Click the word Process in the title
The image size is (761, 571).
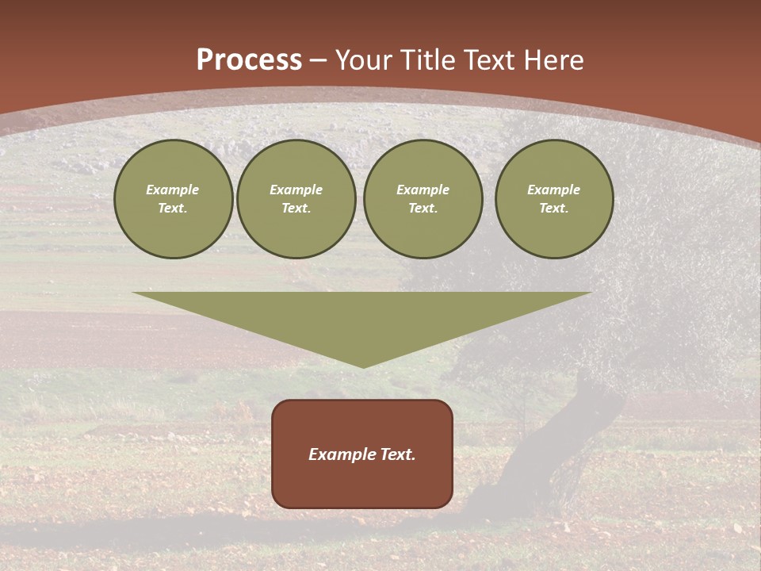click(249, 60)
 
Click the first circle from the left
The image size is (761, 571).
click(174, 199)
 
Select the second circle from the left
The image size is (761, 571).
click(296, 199)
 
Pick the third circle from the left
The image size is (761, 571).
click(423, 199)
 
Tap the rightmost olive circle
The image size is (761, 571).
click(554, 199)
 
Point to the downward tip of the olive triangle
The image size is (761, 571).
click(363, 366)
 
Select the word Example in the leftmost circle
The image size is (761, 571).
click(173, 190)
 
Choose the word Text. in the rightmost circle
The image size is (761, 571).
click(554, 209)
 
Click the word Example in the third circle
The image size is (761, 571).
click(423, 190)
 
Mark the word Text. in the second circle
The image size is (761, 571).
click(296, 209)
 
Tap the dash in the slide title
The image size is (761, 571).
click(319, 60)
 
